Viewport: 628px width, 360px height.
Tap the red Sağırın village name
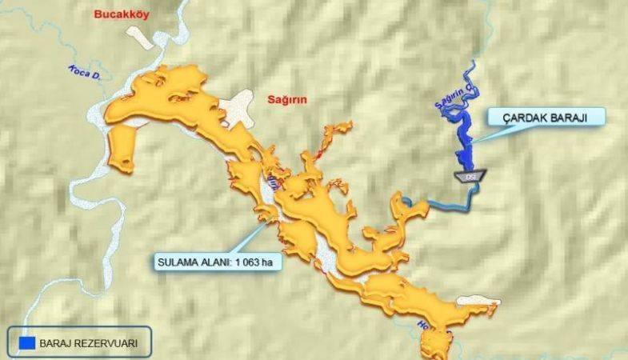pyautogui.click(x=287, y=99)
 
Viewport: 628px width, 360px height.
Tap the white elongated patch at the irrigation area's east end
pyautogui.click(x=477, y=302)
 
